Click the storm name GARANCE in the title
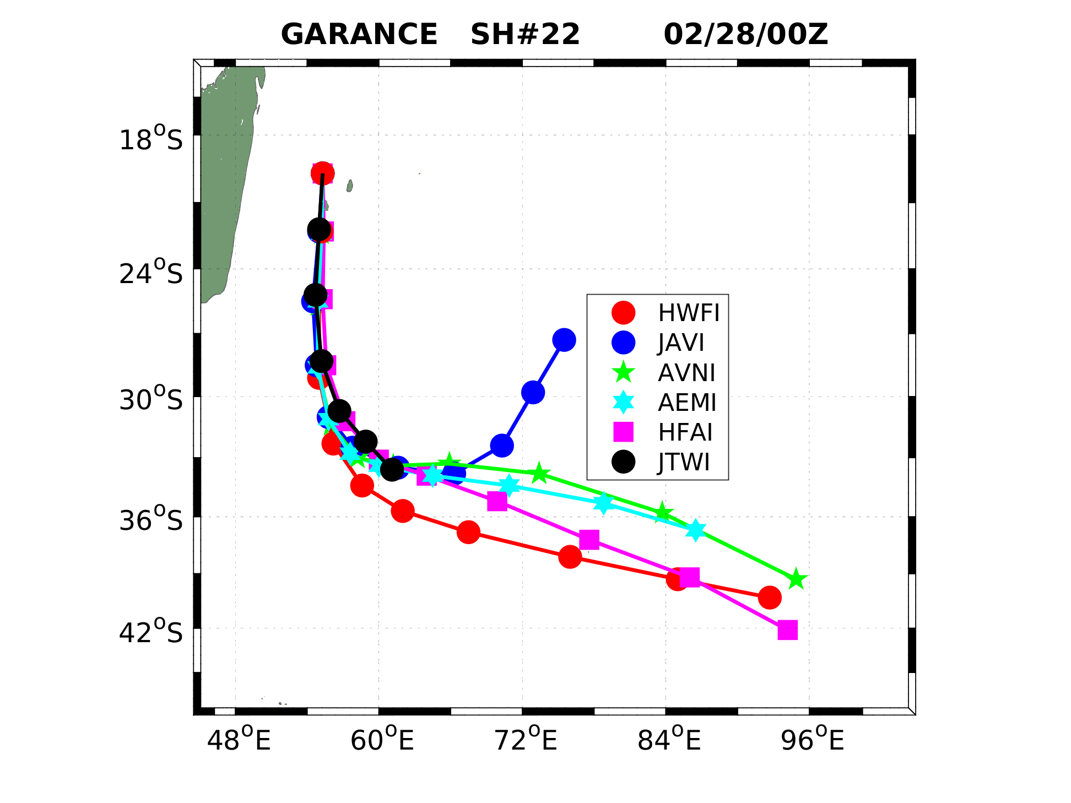[x=359, y=35]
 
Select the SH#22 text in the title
[x=525, y=35]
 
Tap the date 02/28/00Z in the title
[x=745, y=35]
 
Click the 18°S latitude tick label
[x=150, y=139]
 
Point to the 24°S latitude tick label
[x=150, y=273]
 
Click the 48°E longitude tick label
[x=239, y=740]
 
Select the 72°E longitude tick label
[x=526, y=740]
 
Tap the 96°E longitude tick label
[x=812, y=740]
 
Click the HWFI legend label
[x=689, y=313]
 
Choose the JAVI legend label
[x=681, y=343]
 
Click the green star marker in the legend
[x=623, y=372]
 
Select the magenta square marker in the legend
[x=623, y=432]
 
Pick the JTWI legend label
[x=684, y=462]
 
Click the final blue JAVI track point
[x=564, y=340]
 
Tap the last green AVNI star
[x=796, y=579]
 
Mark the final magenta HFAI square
[x=787, y=630]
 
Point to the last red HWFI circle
[x=770, y=597]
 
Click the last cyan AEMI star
[x=696, y=530]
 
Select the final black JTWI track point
[x=391, y=469]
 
